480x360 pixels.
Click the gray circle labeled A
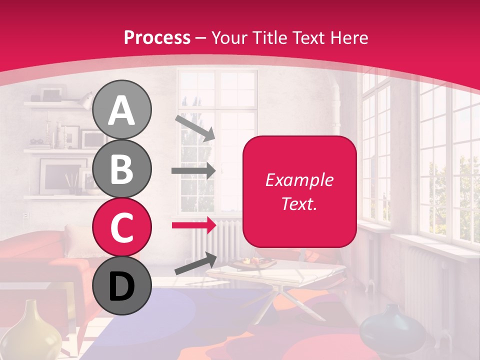(121, 110)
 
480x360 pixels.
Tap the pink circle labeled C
(121, 227)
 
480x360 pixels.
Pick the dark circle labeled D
(121, 286)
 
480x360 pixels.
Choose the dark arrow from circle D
(195, 263)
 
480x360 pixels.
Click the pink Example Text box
(299, 191)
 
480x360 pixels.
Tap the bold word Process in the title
(157, 38)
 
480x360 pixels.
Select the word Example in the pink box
(299, 180)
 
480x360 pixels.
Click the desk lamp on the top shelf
(85, 101)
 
